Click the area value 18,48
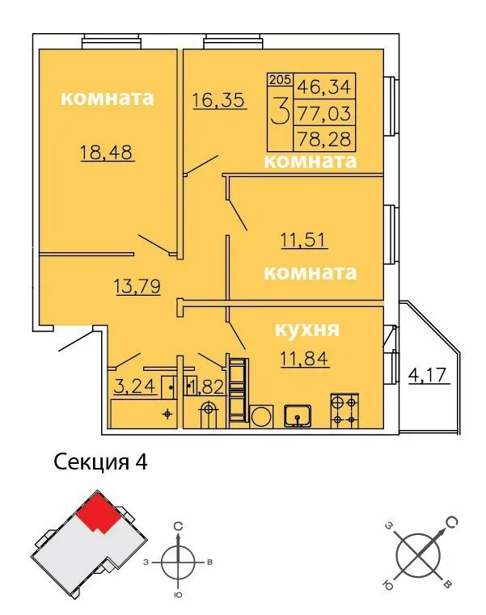pyautogui.click(x=107, y=153)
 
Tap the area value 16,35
pyautogui.click(x=219, y=99)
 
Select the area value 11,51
pyautogui.click(x=304, y=240)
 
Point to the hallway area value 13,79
pyautogui.click(x=137, y=286)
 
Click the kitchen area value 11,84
pyautogui.click(x=305, y=359)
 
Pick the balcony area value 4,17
pyautogui.click(x=428, y=375)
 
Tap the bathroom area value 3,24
pyautogui.click(x=135, y=386)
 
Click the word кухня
pyautogui.click(x=306, y=330)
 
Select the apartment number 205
pyautogui.click(x=281, y=80)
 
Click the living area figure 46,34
pyautogui.click(x=324, y=86)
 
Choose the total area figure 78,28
pyautogui.click(x=324, y=139)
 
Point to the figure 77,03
pyautogui.click(x=324, y=113)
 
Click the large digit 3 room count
pyautogui.click(x=281, y=112)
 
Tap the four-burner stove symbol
pyautogui.click(x=344, y=411)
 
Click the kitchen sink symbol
pyautogui.click(x=298, y=415)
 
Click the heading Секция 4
pyautogui.click(x=100, y=462)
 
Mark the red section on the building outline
pyautogui.click(x=98, y=512)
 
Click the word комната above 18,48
pyautogui.click(x=108, y=98)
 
